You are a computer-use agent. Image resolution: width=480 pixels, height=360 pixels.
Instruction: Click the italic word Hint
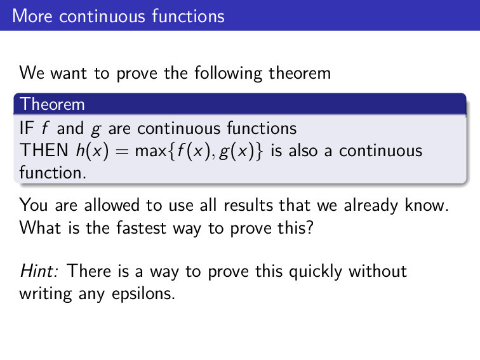click(x=39, y=272)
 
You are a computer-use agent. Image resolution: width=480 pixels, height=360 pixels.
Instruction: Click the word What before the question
click(x=40, y=227)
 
